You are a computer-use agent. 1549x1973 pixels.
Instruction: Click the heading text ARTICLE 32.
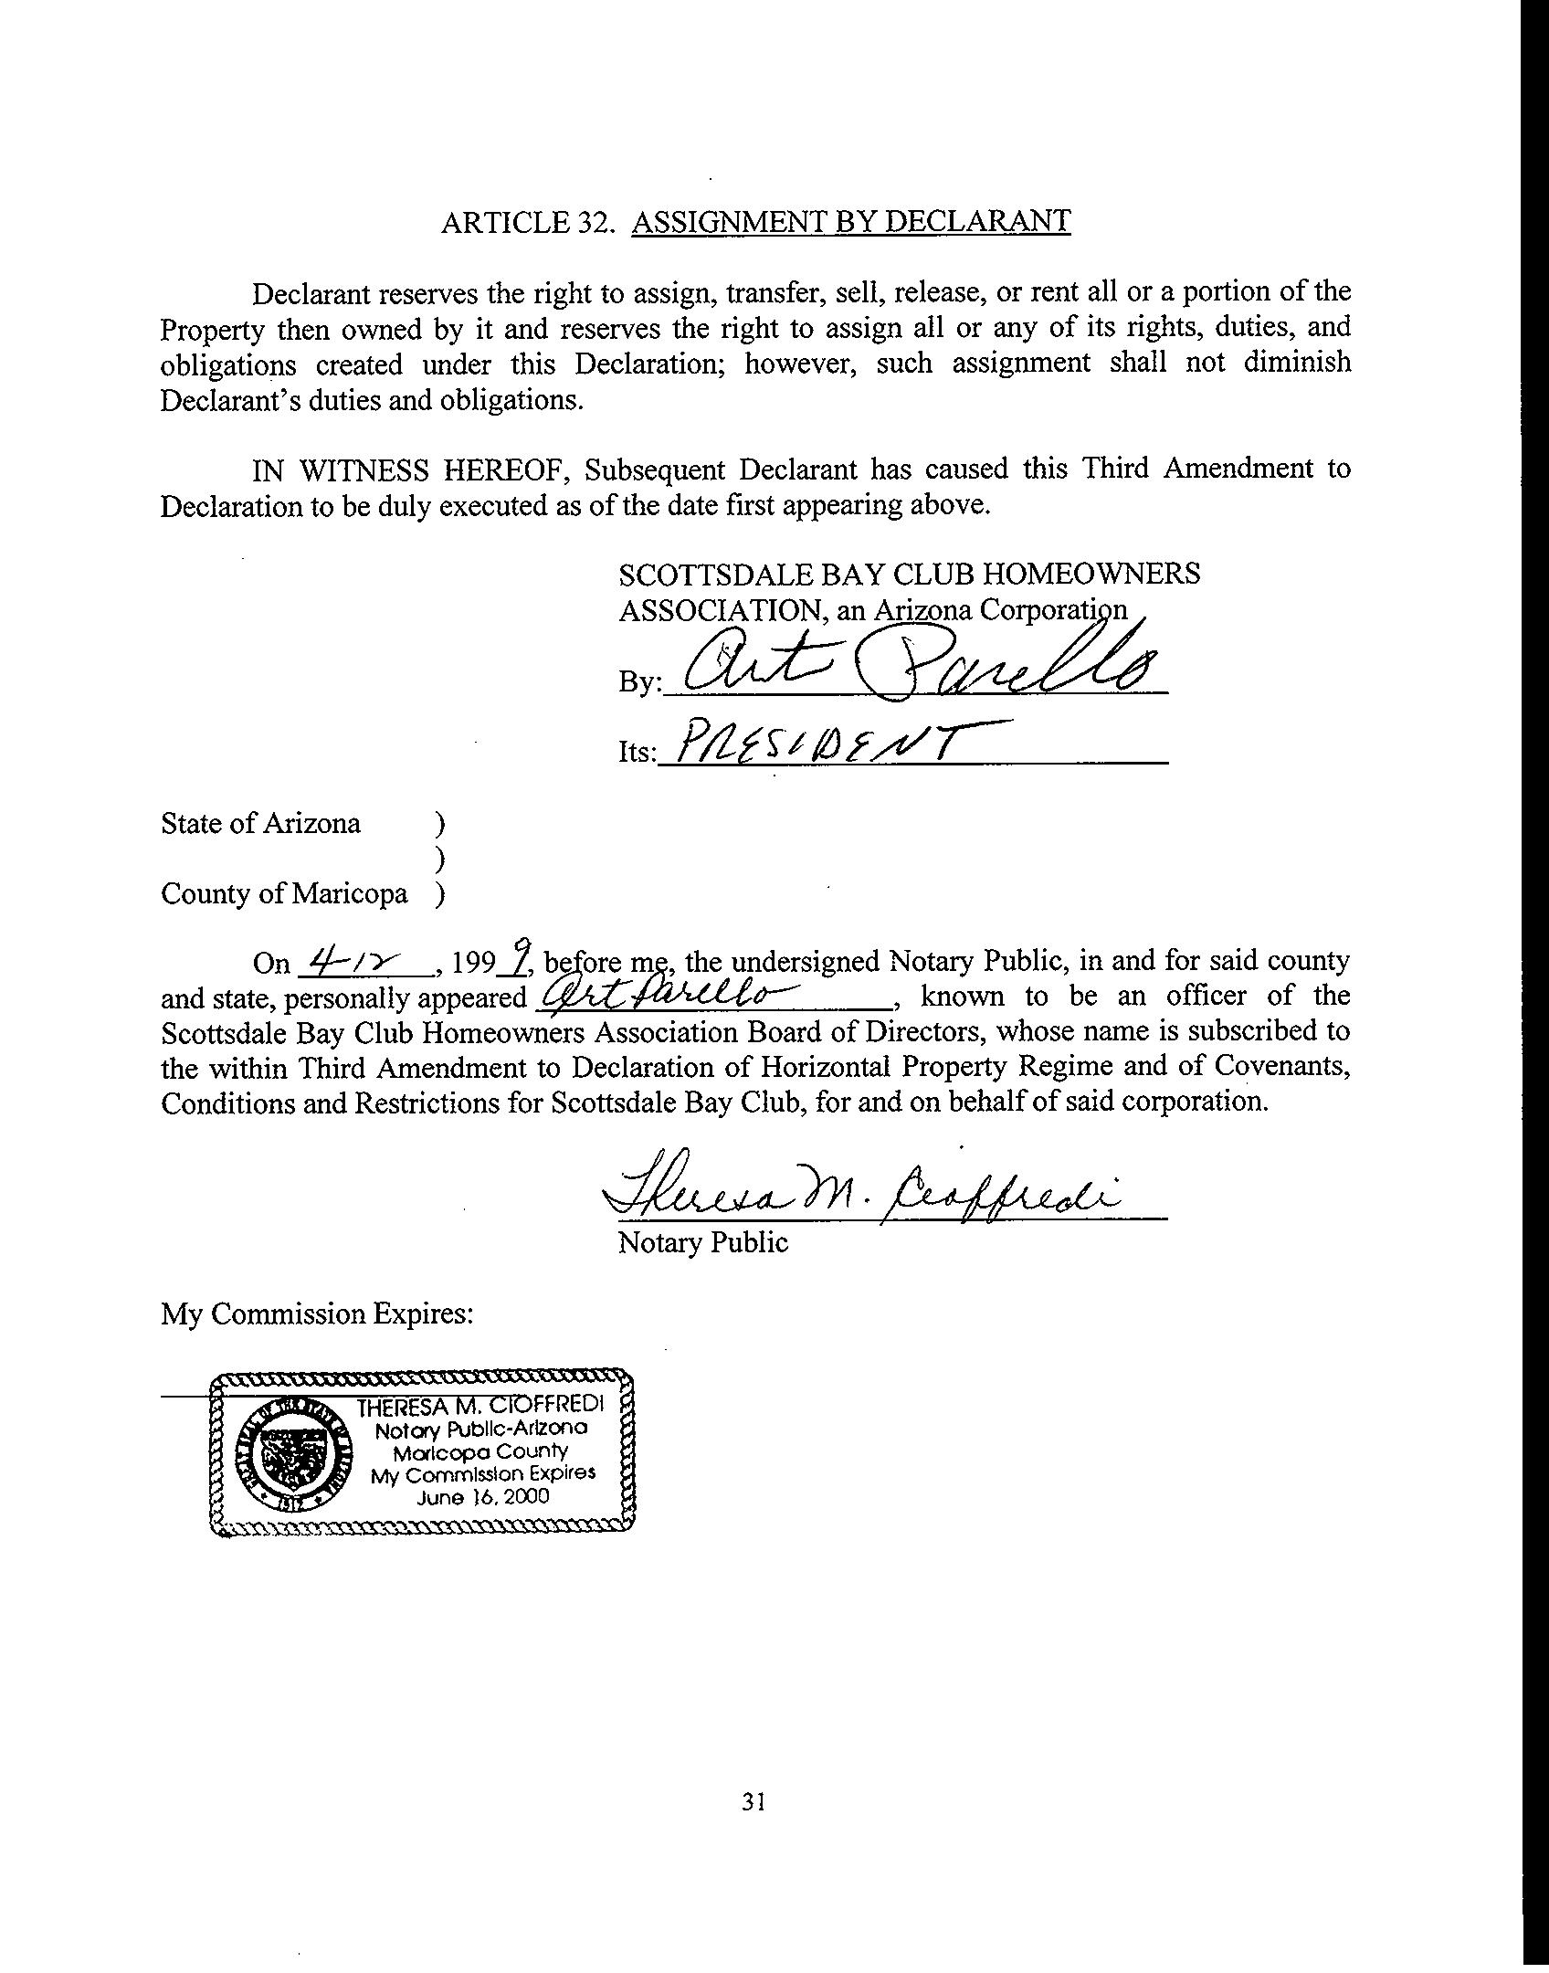[x=525, y=222]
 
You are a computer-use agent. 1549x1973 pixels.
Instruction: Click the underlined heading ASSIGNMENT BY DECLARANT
[x=850, y=221]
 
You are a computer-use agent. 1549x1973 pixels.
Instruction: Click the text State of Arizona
[x=260, y=823]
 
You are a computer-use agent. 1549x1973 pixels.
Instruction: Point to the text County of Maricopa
[x=284, y=893]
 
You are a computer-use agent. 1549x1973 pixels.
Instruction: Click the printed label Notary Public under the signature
[x=702, y=1242]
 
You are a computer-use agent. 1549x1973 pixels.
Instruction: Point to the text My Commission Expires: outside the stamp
[x=317, y=1314]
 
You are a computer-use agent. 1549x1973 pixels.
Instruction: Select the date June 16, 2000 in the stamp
[x=483, y=1497]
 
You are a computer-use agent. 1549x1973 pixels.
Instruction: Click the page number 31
[x=753, y=1800]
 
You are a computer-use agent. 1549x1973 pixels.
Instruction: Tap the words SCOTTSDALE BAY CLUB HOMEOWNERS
[x=909, y=574]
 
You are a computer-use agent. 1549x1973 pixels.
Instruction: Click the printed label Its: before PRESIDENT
[x=636, y=752]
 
